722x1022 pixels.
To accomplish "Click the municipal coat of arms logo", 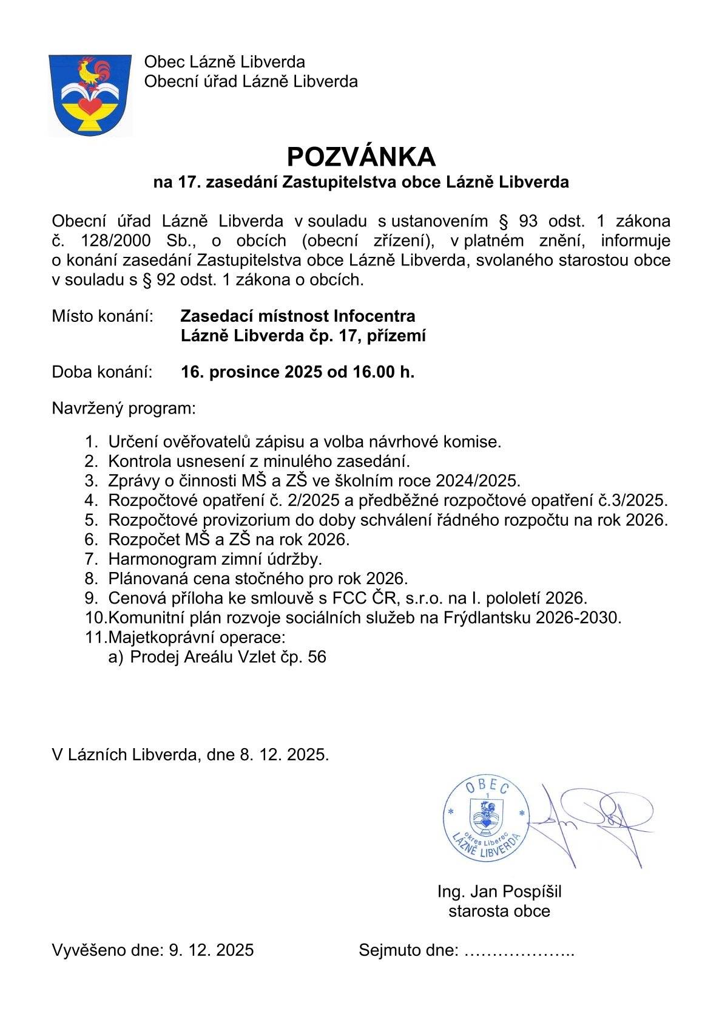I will tap(90, 95).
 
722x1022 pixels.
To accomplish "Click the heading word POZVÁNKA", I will tap(361, 157).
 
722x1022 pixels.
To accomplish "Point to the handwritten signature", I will tap(595, 820).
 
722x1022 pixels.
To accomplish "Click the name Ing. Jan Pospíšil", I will tap(499, 891).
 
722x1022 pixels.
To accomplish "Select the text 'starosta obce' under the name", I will tap(499, 911).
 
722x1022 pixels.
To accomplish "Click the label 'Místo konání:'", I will tap(102, 316).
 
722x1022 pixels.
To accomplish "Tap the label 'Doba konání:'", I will tap(102, 372).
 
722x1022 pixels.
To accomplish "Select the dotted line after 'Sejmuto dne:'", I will tap(519, 951).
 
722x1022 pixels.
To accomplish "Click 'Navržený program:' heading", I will tap(124, 408).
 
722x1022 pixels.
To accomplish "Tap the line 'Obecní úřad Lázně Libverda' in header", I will tap(251, 81).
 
